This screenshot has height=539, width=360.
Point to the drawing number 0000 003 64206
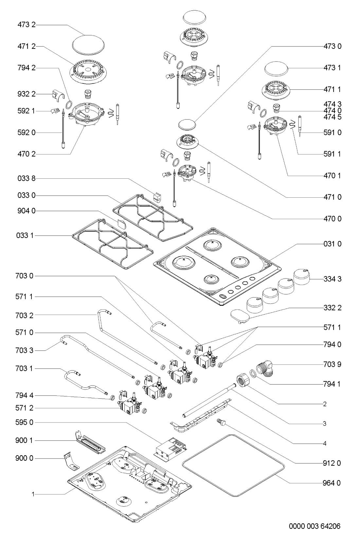coord(314,526)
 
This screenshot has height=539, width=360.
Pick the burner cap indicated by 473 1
coord(276,70)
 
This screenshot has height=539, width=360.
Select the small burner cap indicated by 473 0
coord(188,124)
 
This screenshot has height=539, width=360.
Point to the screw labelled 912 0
coord(222,423)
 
